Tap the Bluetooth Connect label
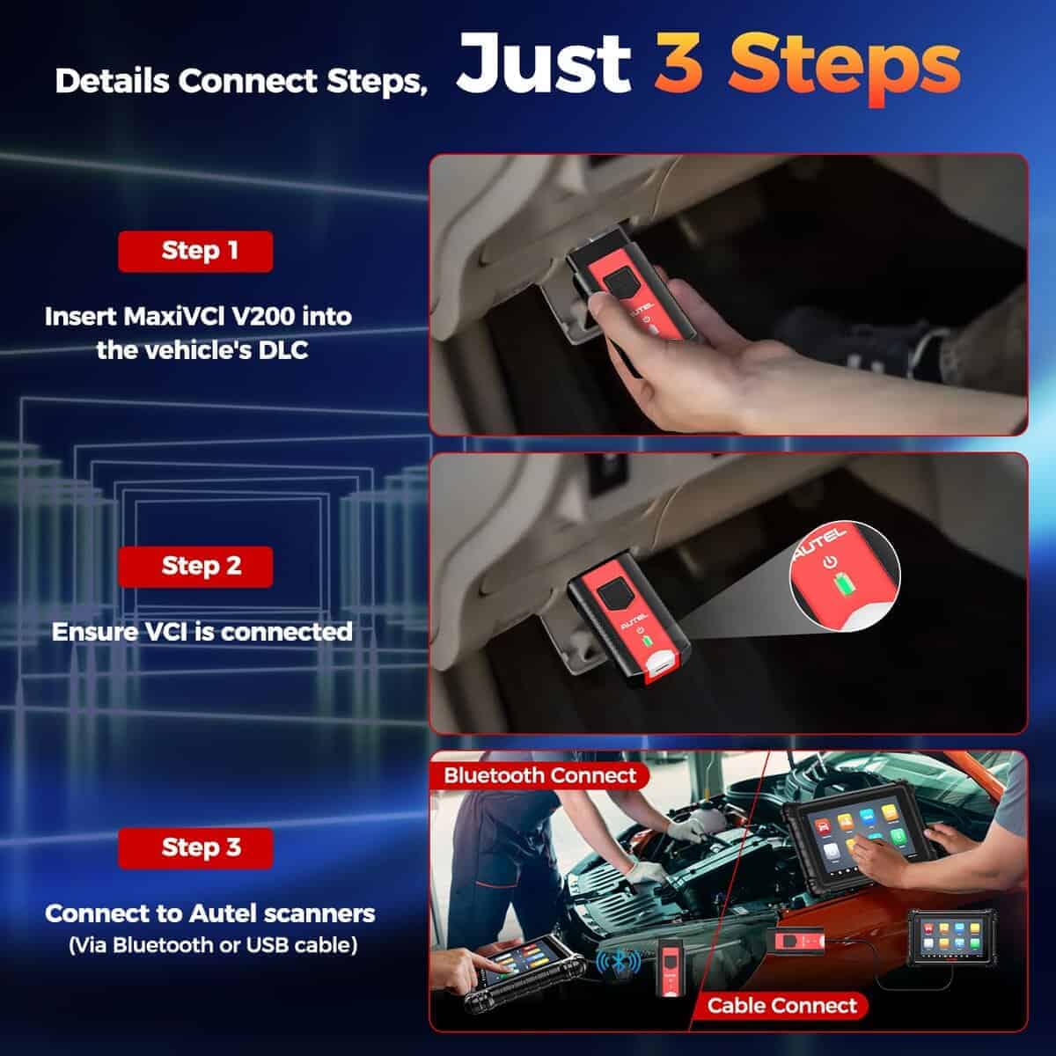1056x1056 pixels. pos(539,775)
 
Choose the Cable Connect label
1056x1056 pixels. pos(781,1005)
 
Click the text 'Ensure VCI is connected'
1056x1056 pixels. pos(202,632)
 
